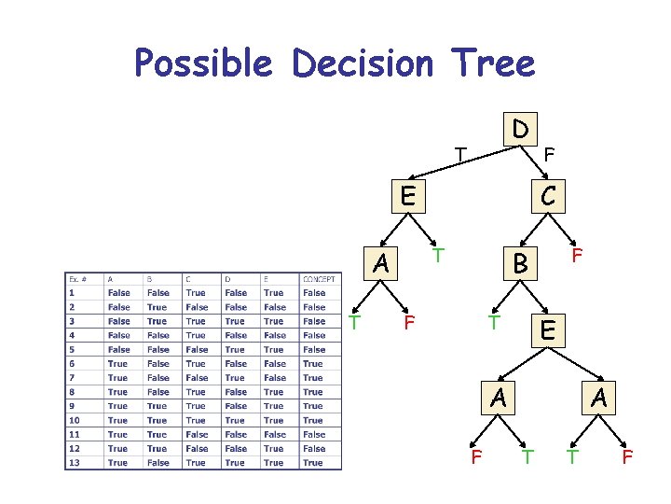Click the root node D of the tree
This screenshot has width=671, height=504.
click(x=522, y=128)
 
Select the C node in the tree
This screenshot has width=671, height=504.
click(x=549, y=196)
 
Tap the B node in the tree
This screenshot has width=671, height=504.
click(x=521, y=266)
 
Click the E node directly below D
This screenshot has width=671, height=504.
click(x=406, y=196)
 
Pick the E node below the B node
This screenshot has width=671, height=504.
click(x=549, y=330)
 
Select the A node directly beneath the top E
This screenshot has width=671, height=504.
click(x=380, y=264)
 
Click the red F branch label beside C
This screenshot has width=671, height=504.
click(x=578, y=254)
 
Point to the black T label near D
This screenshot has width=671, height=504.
click(x=459, y=153)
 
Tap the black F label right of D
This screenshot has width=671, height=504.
click(x=550, y=154)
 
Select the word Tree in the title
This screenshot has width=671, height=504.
click(x=496, y=63)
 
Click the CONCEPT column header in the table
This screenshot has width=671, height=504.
click(x=319, y=278)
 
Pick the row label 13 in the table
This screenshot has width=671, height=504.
click(x=74, y=462)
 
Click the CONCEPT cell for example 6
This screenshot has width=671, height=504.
click(x=313, y=363)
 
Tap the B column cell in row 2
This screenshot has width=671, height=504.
click(x=157, y=307)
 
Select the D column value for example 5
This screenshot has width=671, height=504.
click(x=235, y=349)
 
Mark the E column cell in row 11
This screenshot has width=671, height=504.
click(x=274, y=434)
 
